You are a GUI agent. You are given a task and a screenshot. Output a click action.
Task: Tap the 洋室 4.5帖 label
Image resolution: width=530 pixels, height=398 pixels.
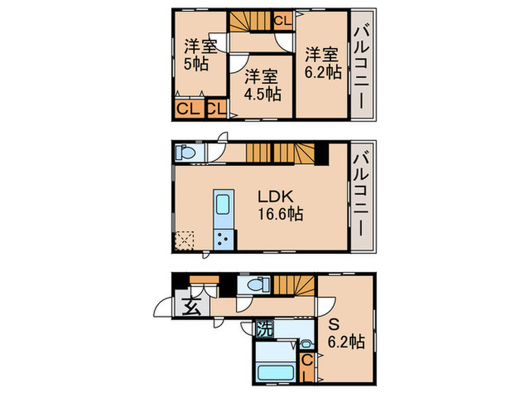[262, 85]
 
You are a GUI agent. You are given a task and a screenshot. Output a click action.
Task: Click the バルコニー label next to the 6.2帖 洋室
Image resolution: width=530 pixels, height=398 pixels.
[362, 67]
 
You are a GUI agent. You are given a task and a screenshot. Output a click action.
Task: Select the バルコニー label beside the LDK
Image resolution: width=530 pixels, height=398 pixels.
[362, 195]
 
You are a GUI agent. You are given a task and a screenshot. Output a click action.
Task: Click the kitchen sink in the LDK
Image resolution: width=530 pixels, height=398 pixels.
[223, 206]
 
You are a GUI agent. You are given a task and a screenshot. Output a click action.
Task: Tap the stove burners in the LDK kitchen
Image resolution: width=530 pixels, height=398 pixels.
[223, 240]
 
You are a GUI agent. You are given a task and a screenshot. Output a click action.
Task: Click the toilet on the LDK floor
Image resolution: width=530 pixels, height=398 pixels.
[186, 153]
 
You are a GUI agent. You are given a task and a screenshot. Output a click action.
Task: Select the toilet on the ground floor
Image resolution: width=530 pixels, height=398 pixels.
[253, 286]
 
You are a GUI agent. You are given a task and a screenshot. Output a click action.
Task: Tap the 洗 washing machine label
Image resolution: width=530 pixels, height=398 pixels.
[264, 331]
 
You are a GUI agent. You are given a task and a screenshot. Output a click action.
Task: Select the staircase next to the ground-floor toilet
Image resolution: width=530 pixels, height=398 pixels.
[294, 287]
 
